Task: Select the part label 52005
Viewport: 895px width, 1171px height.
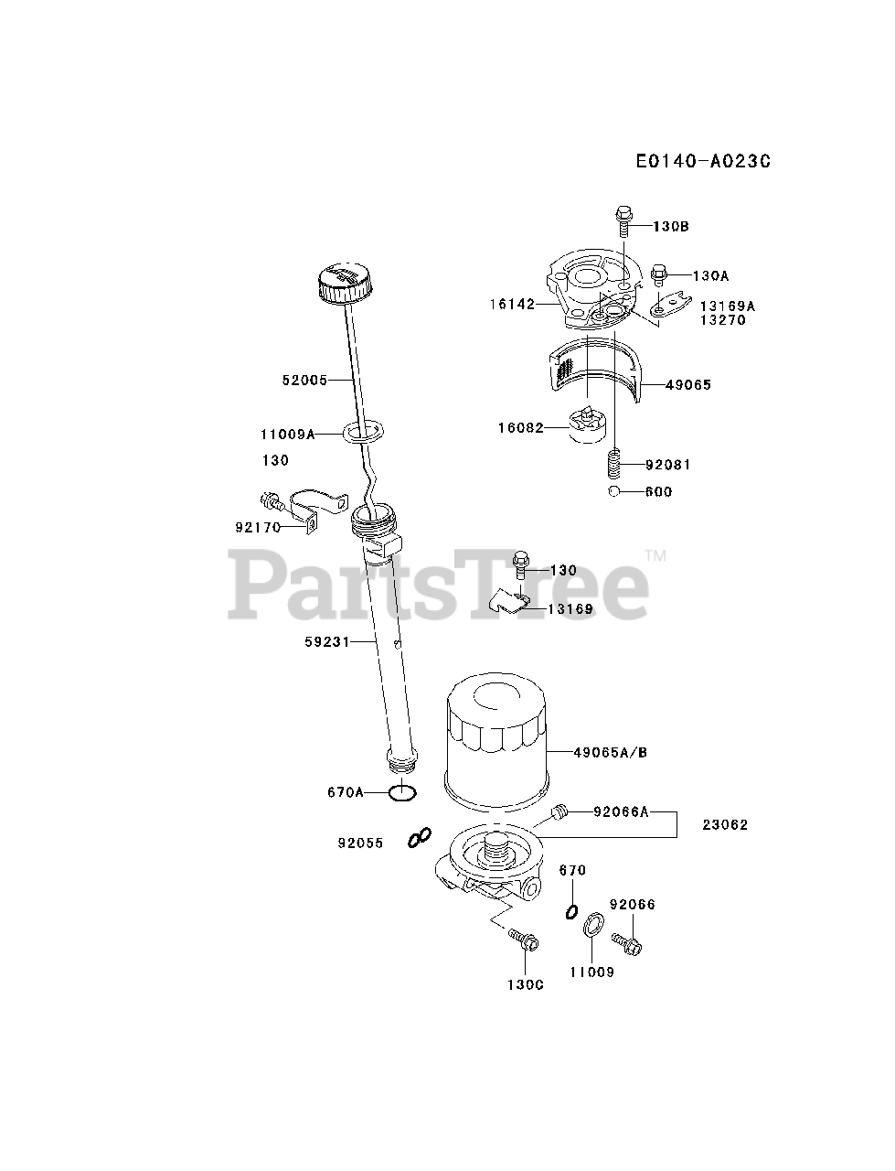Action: click(x=304, y=380)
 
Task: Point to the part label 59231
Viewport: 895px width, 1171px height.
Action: click(x=327, y=642)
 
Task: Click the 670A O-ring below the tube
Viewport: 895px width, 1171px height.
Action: click(x=403, y=792)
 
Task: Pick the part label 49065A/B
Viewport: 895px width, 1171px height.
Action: click(x=611, y=752)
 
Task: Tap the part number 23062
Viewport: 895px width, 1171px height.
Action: click(x=725, y=824)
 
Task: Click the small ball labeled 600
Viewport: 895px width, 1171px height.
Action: click(x=615, y=492)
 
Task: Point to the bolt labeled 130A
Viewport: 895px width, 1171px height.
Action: click(x=659, y=274)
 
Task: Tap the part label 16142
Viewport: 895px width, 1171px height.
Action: click(x=513, y=304)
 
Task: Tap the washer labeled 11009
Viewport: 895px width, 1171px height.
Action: click(x=591, y=927)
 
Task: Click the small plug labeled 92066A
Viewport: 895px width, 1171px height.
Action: click(x=561, y=811)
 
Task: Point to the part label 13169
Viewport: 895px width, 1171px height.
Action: click(x=570, y=608)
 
